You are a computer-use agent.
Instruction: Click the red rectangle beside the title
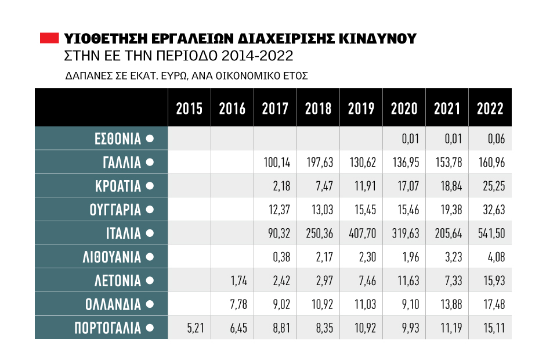click(49, 39)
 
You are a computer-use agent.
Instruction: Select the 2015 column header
click(189, 109)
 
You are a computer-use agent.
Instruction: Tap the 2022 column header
click(490, 109)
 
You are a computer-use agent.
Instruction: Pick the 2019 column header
click(361, 109)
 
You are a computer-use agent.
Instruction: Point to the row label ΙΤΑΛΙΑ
click(122, 233)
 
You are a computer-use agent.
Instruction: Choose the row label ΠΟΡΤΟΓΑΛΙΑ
click(108, 328)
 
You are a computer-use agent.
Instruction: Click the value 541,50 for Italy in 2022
click(490, 233)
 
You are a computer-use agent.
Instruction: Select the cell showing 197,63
click(319, 163)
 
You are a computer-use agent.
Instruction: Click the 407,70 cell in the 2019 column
click(361, 233)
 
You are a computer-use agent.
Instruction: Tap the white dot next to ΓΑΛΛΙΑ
click(150, 163)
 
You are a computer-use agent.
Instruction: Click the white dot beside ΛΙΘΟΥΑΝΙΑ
click(150, 257)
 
